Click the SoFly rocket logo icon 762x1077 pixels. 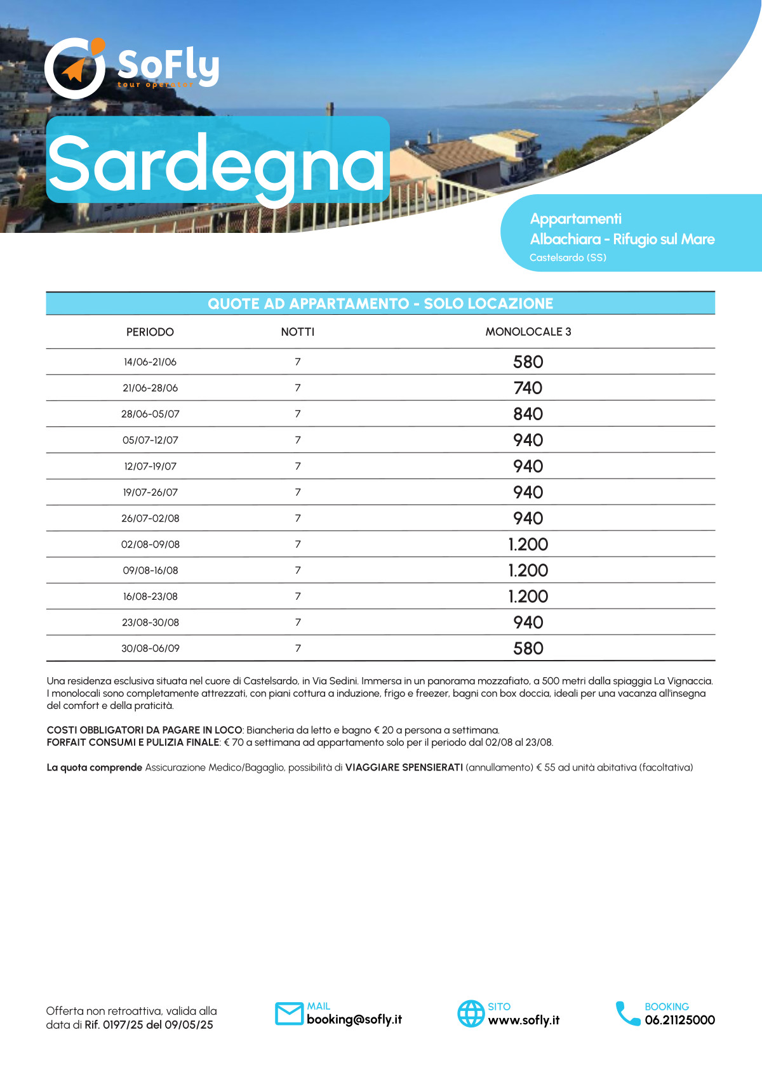[x=75, y=68]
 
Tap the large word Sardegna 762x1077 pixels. [x=217, y=164]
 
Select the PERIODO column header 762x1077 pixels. [x=150, y=332]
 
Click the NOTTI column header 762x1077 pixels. [x=298, y=332]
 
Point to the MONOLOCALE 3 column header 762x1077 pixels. [x=528, y=332]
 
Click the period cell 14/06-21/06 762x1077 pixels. [x=150, y=362]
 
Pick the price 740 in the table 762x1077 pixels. [x=528, y=388]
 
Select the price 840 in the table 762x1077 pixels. [x=528, y=414]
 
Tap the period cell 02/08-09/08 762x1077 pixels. [x=150, y=545]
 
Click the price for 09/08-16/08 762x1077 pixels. [x=528, y=571]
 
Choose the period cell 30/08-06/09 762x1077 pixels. [x=150, y=649]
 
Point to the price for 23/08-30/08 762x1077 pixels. [x=528, y=623]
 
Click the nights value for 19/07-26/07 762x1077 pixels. [x=298, y=492]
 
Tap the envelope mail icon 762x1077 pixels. [x=289, y=1014]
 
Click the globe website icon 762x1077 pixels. [x=471, y=1014]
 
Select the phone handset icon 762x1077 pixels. [x=627, y=1014]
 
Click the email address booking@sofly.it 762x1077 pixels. [x=354, y=1019]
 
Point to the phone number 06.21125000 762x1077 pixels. [x=679, y=1020]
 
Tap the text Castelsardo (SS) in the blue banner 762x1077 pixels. [x=568, y=258]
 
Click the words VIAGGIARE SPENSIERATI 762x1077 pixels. [x=404, y=767]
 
